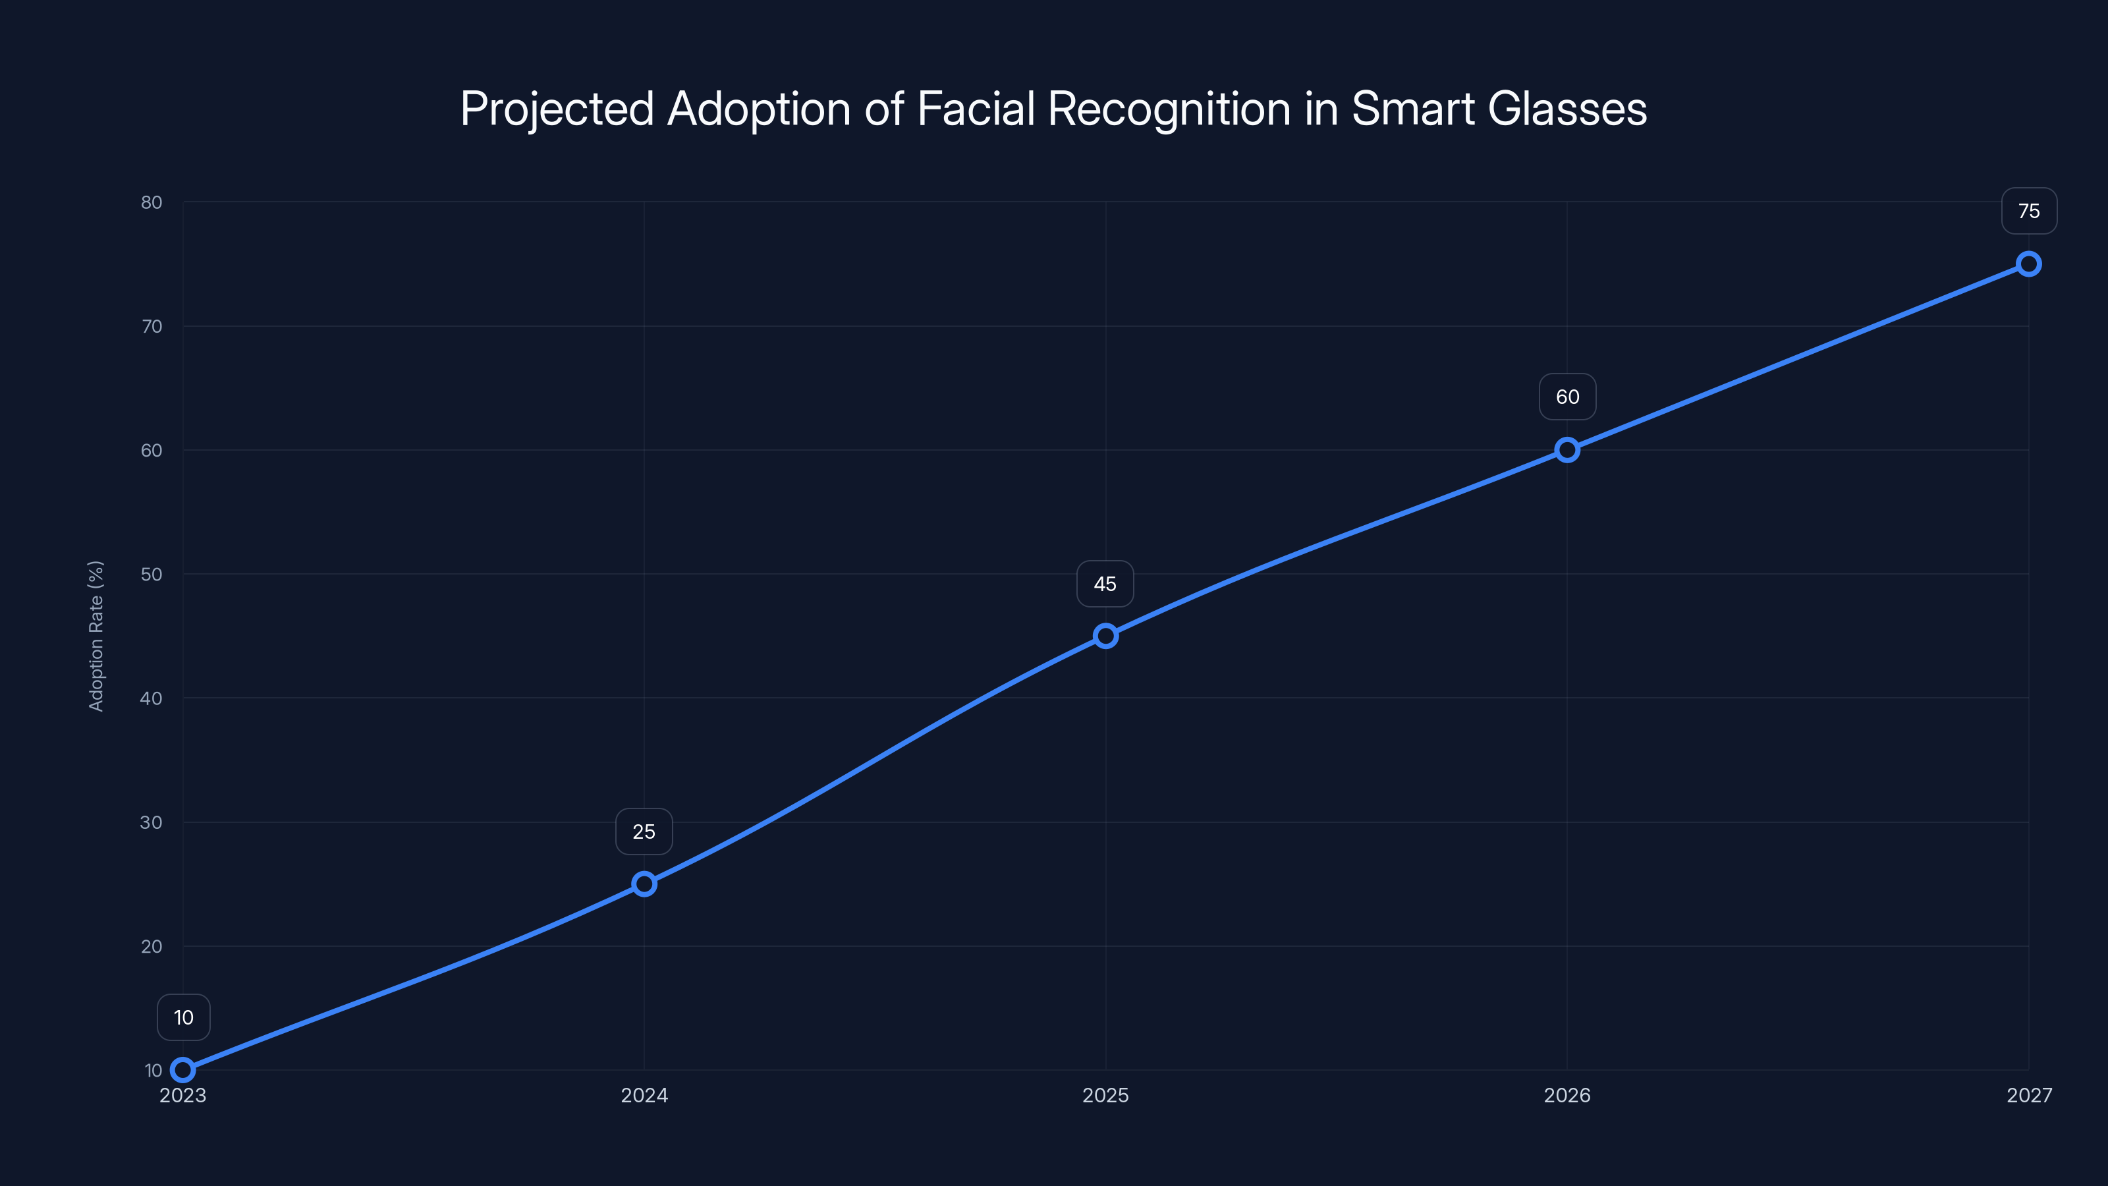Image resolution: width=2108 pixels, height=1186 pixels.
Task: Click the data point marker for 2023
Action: tap(182, 1070)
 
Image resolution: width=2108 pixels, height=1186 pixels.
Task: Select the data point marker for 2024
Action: tap(644, 884)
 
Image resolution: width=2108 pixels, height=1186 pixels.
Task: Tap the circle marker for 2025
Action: tap(1105, 636)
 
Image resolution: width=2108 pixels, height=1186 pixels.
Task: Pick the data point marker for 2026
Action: tap(1567, 450)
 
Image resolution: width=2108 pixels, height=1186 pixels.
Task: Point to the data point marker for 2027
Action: tap(2029, 264)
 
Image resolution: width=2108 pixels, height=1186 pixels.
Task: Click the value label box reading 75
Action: tap(2029, 211)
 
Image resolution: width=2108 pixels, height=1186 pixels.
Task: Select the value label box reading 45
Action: tap(1105, 584)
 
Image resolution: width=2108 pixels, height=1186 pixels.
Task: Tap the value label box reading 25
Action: tap(644, 832)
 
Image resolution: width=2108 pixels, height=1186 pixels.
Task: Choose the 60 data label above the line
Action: tap(1567, 397)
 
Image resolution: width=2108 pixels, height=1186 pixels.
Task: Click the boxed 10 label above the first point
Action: tap(183, 1017)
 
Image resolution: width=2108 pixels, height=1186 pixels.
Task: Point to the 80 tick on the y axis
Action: tap(152, 202)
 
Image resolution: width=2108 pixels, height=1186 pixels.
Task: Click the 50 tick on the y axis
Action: tap(152, 575)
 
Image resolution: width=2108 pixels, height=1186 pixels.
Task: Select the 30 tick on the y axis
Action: tap(152, 822)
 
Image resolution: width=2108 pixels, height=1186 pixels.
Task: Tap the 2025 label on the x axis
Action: tap(1105, 1095)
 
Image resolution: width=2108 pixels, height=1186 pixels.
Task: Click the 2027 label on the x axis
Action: tap(2029, 1095)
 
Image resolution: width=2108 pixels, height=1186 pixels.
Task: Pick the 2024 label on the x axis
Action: tap(644, 1095)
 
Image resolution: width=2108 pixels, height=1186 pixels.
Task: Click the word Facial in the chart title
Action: tap(976, 109)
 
